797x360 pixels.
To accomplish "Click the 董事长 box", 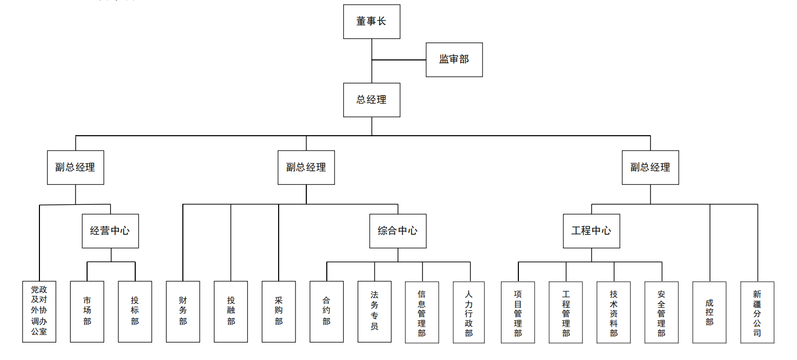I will click(371, 22).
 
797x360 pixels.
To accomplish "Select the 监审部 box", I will click(454, 59).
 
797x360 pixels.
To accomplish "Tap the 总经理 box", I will click(371, 100).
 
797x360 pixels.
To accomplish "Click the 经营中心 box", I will click(110, 231).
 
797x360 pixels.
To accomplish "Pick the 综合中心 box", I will click(397, 231).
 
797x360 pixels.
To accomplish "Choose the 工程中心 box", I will click(591, 231).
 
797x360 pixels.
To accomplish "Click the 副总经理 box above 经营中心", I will click(75, 167).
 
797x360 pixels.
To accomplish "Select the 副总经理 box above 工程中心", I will click(650, 167).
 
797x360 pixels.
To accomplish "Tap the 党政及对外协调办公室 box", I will click(39, 311).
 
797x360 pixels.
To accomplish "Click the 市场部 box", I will click(87, 311).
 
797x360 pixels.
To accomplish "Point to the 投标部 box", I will click(135, 311).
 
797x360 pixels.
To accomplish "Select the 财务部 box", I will click(183, 311).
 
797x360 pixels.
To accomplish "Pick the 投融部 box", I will click(230, 311).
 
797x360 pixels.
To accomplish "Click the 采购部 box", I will click(279, 311).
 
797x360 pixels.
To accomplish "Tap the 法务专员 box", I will click(374, 311).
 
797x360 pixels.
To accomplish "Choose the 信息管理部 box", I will click(422, 312).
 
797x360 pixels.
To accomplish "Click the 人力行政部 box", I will click(469, 312).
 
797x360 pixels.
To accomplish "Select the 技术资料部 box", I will click(614, 312).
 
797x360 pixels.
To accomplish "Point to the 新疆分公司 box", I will click(757, 312).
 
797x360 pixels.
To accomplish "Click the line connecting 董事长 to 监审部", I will click(399, 60).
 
